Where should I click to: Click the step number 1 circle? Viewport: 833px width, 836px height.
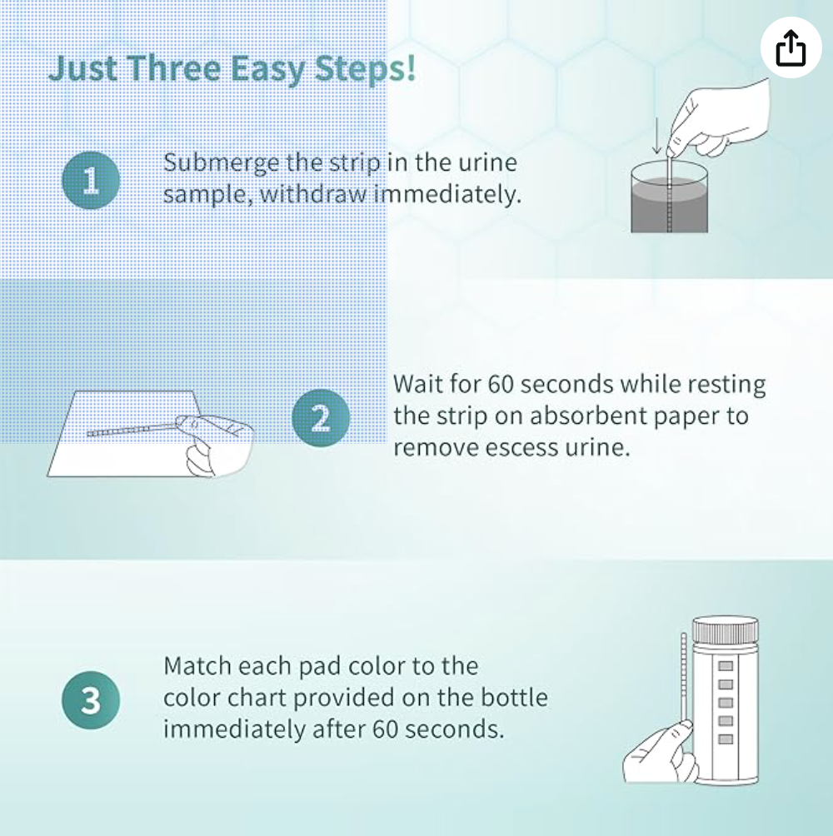point(91,180)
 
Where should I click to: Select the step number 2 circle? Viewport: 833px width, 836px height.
point(321,418)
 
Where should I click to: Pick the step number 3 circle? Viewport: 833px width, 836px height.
point(91,700)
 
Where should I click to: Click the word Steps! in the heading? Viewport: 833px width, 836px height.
point(365,69)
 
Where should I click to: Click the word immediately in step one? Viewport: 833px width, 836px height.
point(446,193)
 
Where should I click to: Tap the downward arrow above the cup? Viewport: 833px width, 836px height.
point(657,136)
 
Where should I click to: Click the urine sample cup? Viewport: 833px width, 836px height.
point(669,197)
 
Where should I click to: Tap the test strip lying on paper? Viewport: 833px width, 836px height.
point(133,429)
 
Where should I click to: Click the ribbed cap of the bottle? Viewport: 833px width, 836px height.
point(725,630)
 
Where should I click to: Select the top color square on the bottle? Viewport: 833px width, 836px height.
point(726,666)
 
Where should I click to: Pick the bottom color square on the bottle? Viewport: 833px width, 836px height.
point(726,739)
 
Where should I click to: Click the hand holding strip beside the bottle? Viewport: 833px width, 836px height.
point(661,752)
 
